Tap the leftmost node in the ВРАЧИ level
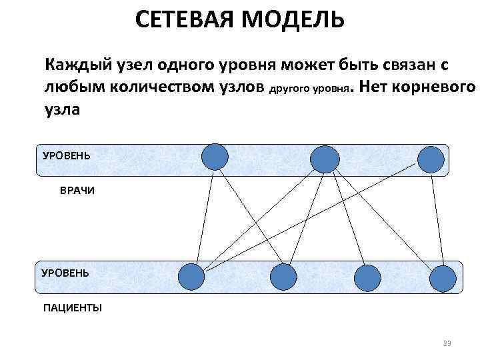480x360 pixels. click(x=215, y=157)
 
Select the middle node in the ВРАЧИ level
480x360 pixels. click(x=325, y=159)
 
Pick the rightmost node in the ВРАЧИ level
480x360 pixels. click(x=431, y=159)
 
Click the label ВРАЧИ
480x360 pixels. click(x=77, y=191)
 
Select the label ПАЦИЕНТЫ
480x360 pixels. click(x=73, y=307)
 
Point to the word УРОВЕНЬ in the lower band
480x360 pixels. click(x=65, y=273)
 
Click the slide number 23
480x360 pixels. click(x=447, y=343)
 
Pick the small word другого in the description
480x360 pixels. click(x=290, y=89)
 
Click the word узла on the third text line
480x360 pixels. click(x=62, y=109)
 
